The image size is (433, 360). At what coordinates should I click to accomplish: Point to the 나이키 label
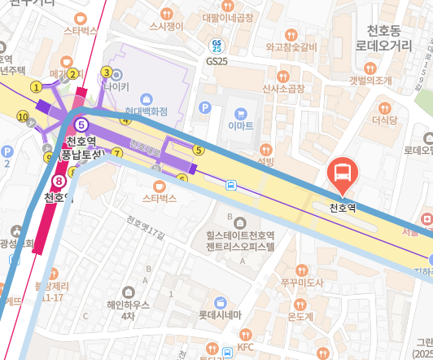(x=116, y=85)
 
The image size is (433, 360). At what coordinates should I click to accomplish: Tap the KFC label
(x=245, y=346)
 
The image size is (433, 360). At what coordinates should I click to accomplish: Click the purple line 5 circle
(x=81, y=125)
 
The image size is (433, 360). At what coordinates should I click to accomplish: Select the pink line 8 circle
(x=59, y=181)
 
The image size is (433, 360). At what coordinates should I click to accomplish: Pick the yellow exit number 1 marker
(x=36, y=86)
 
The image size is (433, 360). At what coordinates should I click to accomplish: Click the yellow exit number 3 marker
(x=106, y=72)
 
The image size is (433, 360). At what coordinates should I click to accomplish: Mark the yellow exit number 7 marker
(x=117, y=152)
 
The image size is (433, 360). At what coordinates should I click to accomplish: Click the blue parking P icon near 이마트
(x=205, y=107)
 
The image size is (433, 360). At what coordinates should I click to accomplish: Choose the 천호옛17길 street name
(x=146, y=226)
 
